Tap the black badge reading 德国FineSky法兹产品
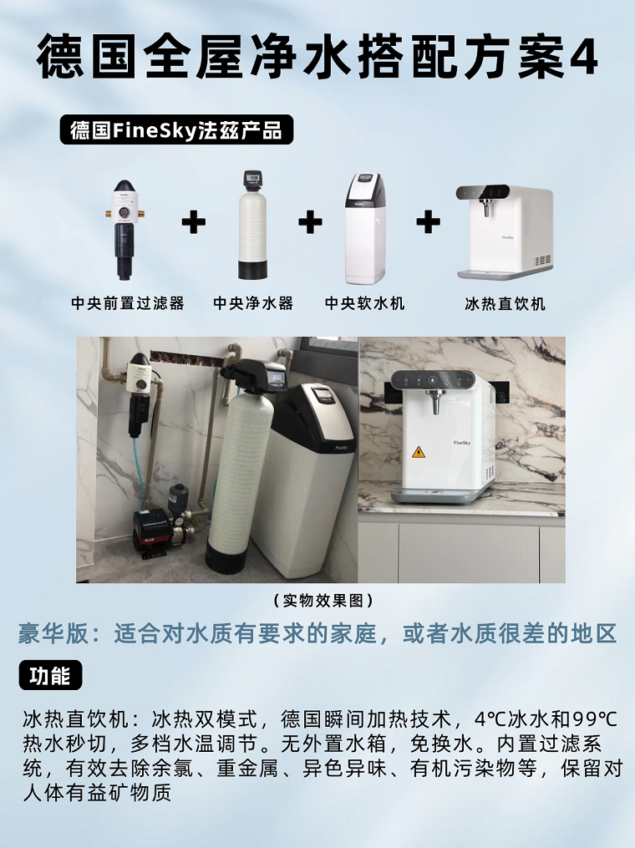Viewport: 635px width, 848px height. (x=176, y=130)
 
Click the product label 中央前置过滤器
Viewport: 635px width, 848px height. (x=128, y=303)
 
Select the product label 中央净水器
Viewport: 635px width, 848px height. (x=253, y=303)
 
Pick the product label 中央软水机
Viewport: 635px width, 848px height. (x=365, y=303)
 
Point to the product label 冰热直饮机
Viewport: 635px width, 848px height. (x=505, y=303)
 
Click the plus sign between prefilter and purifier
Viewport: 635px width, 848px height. (x=193, y=222)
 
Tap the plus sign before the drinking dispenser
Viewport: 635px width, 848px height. (x=428, y=222)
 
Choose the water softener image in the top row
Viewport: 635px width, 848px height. (x=365, y=227)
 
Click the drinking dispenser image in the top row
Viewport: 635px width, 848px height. (x=504, y=231)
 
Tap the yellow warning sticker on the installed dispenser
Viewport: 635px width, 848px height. (x=418, y=452)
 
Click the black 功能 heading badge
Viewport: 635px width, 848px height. (x=50, y=676)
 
